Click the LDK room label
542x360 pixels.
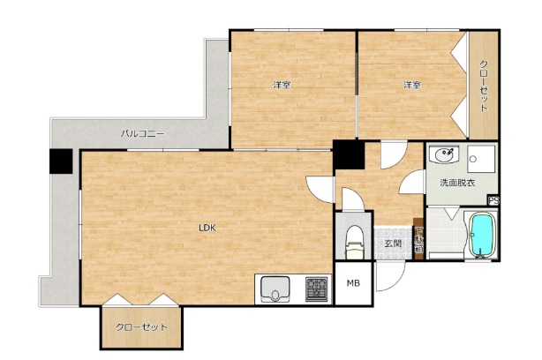coord(207,228)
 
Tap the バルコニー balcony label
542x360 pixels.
coord(142,133)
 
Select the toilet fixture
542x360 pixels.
coord(354,241)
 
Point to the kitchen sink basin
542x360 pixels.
coord(275,289)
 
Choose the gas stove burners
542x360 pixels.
coord(316,289)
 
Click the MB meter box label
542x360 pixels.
coord(353,283)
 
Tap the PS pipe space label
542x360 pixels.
coord(493,200)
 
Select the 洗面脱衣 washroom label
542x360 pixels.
coord(457,183)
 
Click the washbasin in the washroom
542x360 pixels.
coord(445,154)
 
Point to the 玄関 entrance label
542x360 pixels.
coord(394,244)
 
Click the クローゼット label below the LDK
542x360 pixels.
coord(142,326)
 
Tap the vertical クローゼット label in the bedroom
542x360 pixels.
coord(484,86)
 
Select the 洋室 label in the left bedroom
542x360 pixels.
coord(282,85)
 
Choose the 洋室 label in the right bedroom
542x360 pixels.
coord(412,85)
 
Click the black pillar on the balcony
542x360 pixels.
coord(61,161)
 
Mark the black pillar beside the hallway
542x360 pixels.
coord(350,154)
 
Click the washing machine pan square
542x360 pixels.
coord(481,159)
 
